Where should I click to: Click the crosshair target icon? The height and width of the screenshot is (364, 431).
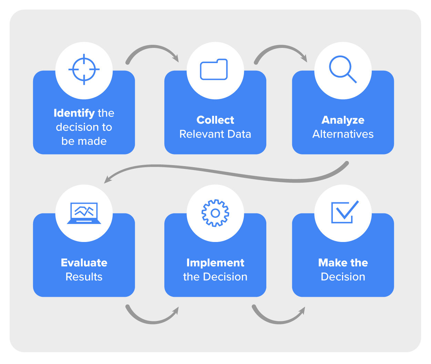84,69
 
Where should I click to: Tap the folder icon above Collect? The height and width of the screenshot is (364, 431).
214,70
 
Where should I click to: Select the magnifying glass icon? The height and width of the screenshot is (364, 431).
342,69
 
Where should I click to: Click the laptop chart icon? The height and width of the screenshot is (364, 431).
84,213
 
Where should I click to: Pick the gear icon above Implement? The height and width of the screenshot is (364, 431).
215,213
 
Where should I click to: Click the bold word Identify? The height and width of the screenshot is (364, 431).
74,113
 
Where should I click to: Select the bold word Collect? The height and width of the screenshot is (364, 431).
215,120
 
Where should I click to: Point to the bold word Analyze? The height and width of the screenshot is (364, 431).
343,120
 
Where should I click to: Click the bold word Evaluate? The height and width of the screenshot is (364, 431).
84,263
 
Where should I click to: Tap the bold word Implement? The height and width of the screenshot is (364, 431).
215,263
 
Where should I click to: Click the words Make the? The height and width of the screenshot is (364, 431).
343,263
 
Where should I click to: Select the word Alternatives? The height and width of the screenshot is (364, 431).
343,134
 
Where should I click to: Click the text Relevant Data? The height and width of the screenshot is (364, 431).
215,134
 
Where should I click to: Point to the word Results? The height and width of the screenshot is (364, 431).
84,277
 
